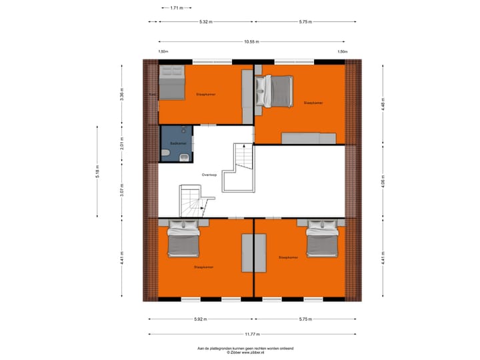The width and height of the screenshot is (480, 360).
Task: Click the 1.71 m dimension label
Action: pos(176,8)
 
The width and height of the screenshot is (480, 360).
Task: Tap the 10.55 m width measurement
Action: pos(251,41)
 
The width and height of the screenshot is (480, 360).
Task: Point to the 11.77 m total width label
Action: pos(252,334)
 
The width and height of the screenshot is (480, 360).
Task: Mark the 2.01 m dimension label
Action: pos(121,144)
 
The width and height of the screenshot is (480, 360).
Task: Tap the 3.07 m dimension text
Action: pos(121,190)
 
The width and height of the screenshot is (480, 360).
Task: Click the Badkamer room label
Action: pos(178,143)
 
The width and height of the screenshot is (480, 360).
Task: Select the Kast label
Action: pos(153,95)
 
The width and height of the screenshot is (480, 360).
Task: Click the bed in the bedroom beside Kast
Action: pos(172,83)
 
